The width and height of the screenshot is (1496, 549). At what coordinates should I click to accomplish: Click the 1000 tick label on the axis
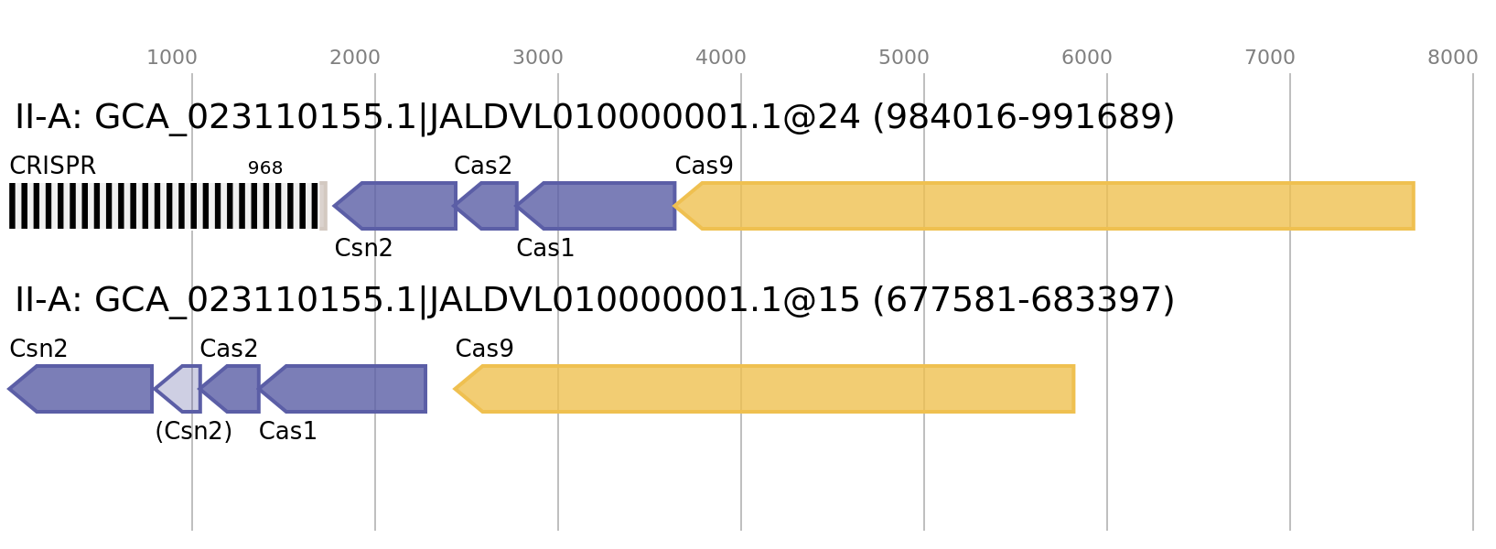point(172,58)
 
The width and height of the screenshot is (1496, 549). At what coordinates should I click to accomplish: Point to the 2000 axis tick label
point(355,58)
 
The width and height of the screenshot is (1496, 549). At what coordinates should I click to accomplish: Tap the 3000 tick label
point(538,58)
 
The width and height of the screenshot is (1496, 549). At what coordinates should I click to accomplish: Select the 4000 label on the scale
point(721,58)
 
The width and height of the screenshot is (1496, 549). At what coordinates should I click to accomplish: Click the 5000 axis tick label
point(904,58)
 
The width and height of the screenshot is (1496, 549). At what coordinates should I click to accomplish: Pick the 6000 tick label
point(1087,58)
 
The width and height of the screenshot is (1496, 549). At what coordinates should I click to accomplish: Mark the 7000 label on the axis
point(1270,58)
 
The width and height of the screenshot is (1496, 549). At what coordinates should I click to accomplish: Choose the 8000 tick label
point(1453,58)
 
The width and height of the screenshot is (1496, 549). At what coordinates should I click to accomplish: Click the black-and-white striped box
point(167,206)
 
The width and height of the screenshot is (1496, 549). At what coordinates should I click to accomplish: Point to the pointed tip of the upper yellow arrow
point(675,206)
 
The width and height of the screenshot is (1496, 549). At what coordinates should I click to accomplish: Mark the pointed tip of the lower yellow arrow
point(455,389)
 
